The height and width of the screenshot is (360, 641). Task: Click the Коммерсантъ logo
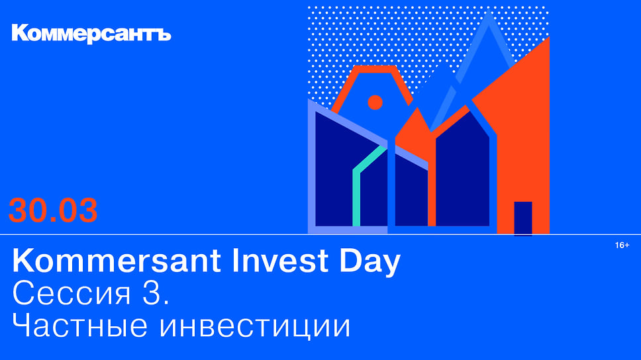click(91, 34)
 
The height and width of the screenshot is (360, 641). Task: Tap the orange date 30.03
click(53, 210)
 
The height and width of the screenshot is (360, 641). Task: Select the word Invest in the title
click(280, 260)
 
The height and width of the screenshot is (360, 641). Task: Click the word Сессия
click(72, 293)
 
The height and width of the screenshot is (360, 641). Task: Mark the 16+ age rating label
click(622, 245)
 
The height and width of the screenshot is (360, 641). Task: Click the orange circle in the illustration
click(375, 102)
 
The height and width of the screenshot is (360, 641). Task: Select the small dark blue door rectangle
click(523, 218)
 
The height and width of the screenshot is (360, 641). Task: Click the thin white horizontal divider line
click(320, 234)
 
